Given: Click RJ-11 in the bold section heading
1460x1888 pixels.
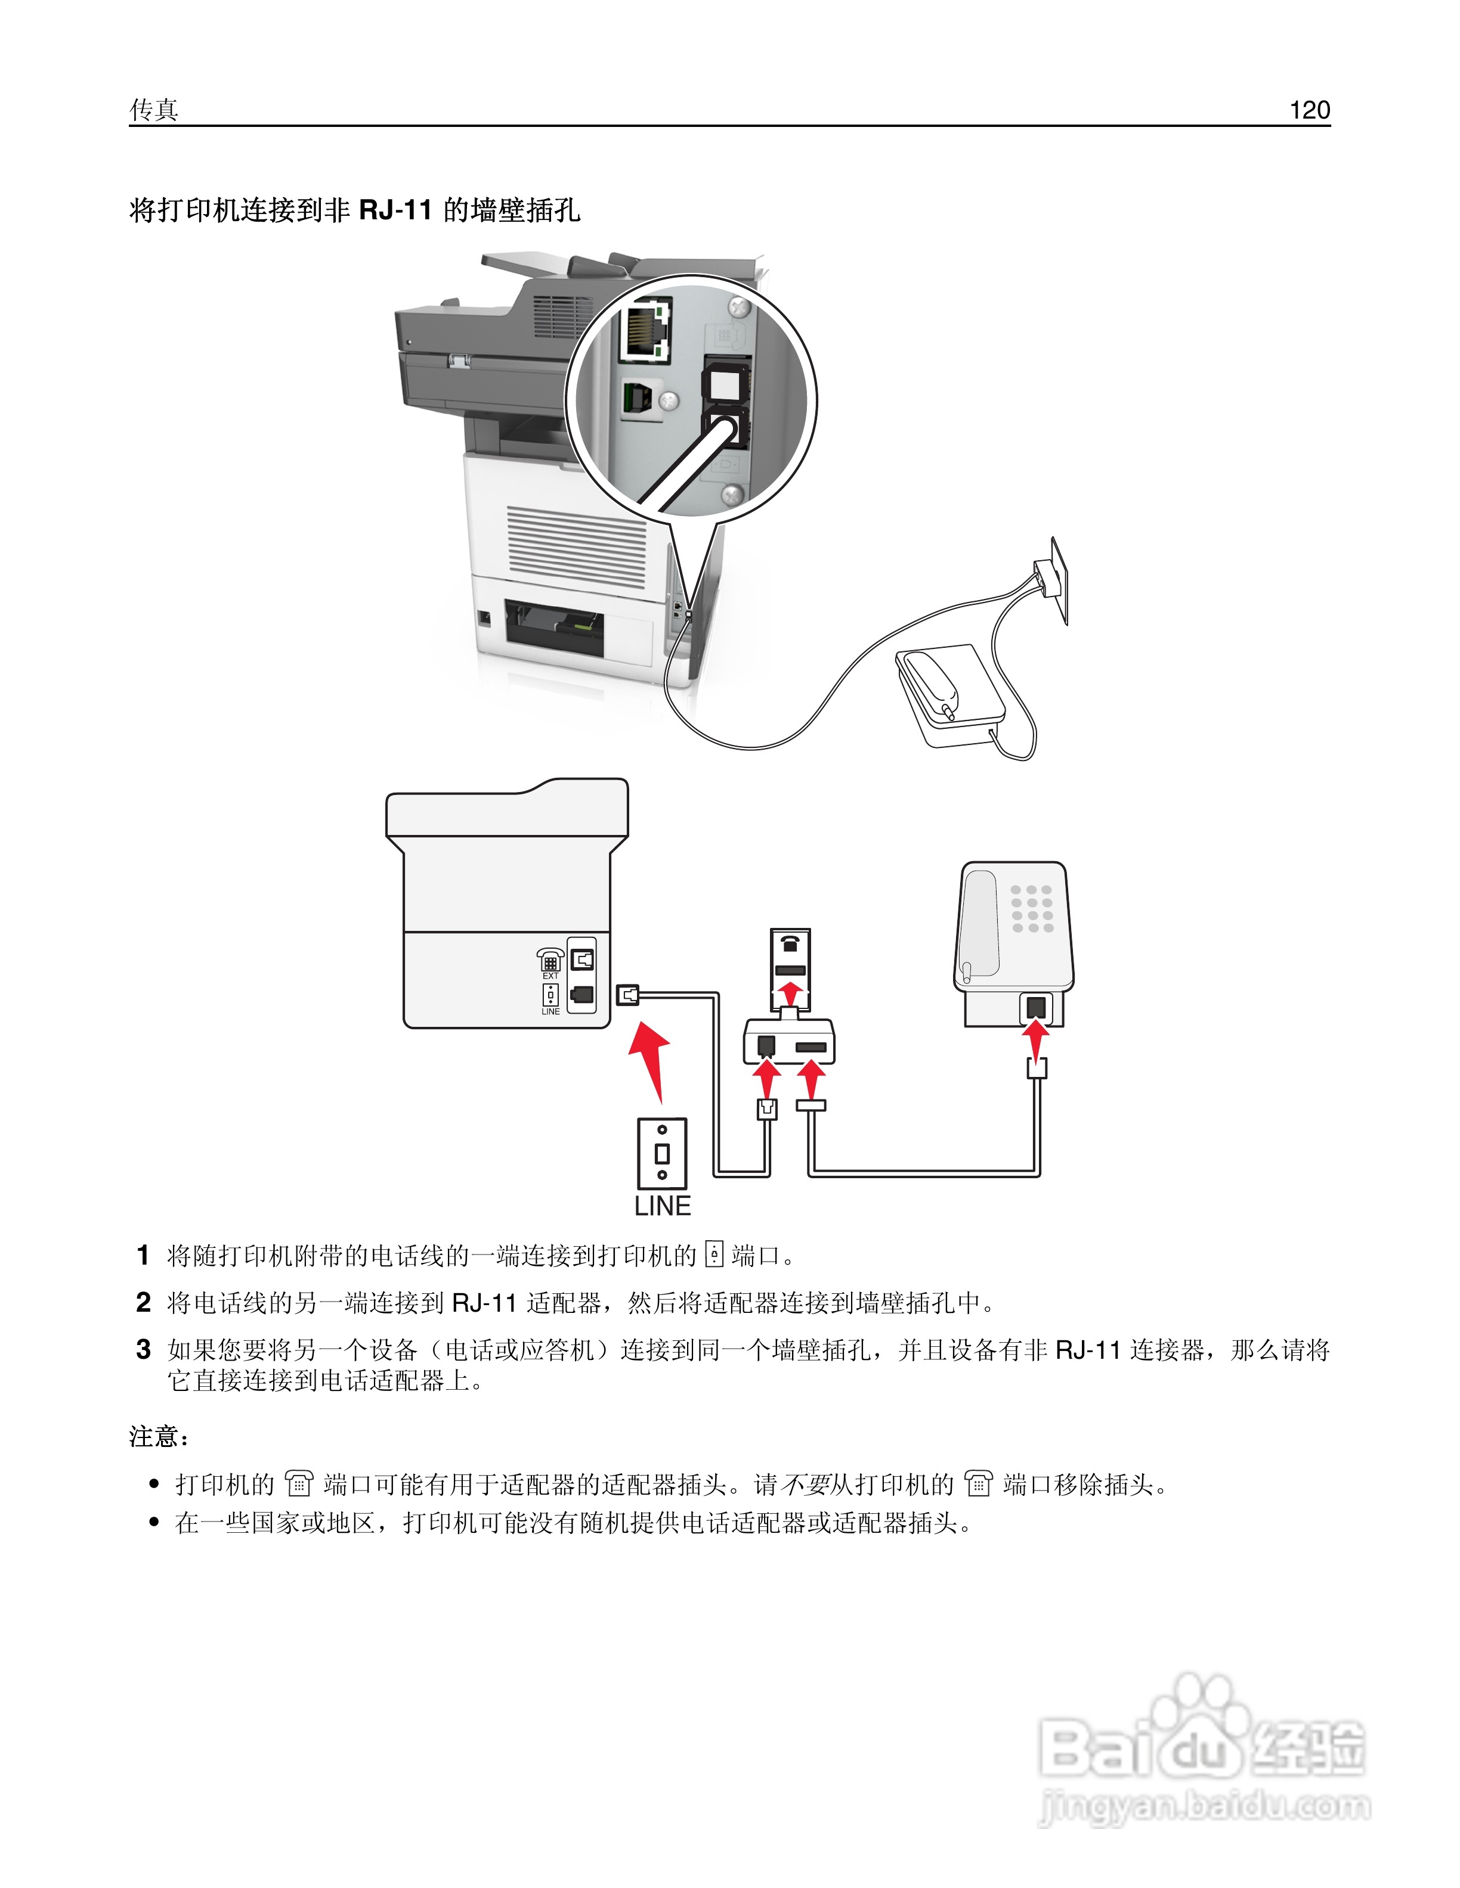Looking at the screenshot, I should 395,210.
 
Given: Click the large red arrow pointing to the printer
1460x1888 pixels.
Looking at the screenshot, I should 651,1060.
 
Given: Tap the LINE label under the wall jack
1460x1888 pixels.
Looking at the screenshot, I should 663,1206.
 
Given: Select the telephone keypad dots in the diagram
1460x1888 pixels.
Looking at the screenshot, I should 1032,909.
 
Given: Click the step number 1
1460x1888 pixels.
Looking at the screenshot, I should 144,1255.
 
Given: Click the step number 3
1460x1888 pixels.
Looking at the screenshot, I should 144,1349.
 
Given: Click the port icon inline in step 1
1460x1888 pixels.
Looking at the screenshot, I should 713,1254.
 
